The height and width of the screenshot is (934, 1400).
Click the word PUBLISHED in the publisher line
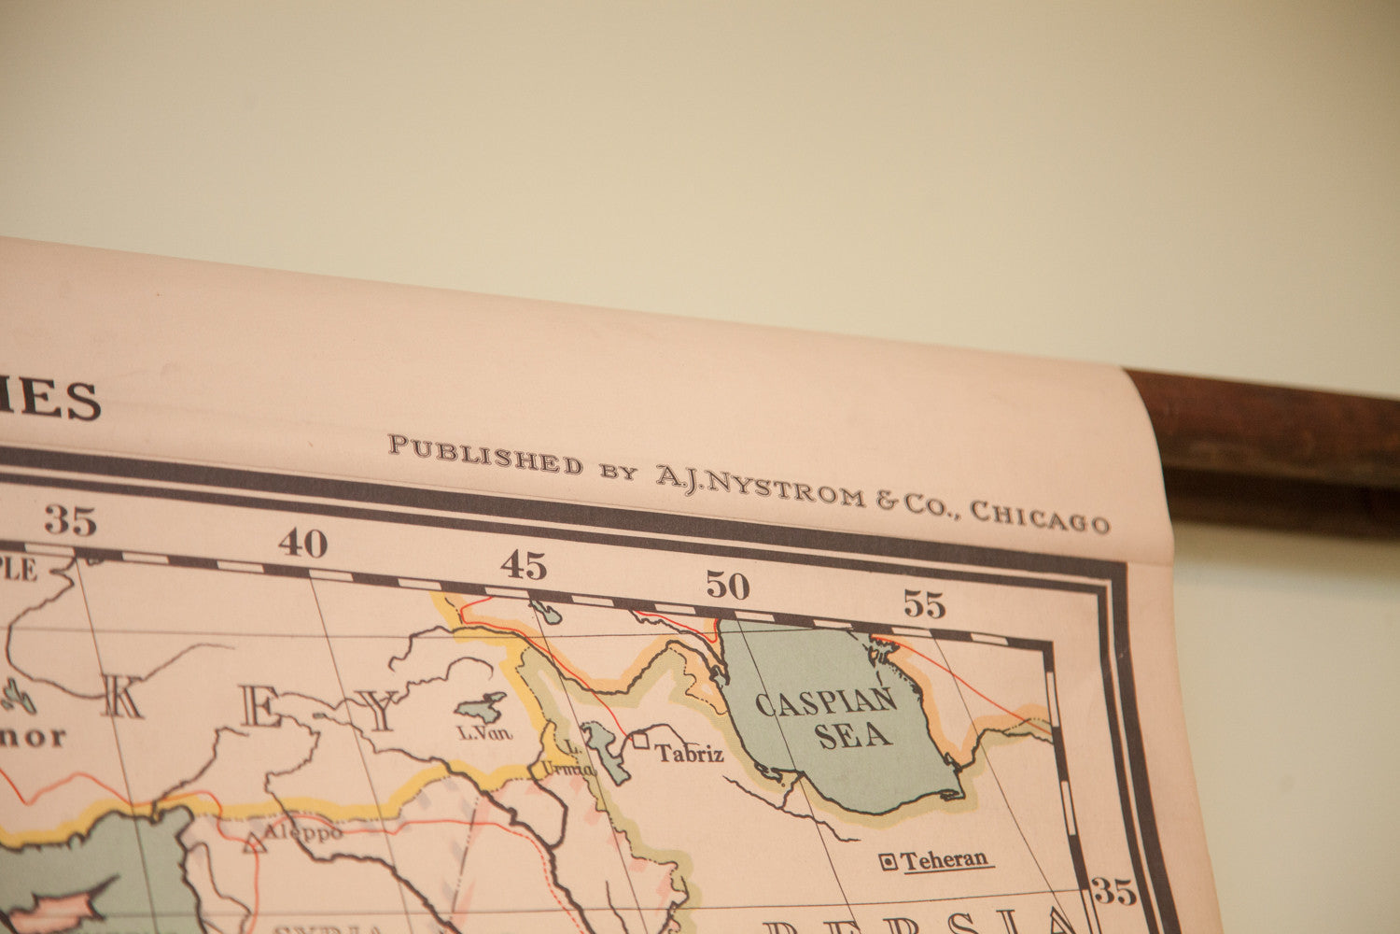tap(485, 455)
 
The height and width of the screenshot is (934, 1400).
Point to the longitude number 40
tap(302, 543)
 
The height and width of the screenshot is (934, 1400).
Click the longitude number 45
tap(523, 564)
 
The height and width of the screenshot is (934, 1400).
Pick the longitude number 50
tap(727, 586)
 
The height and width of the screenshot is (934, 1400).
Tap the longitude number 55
tap(924, 605)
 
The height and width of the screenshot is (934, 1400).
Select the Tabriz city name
tap(689, 753)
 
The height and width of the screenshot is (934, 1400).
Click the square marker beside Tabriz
tap(641, 741)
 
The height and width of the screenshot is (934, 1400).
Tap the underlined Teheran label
tap(944, 860)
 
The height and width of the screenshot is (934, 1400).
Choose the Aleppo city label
tap(302, 831)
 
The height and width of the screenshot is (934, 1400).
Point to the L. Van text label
tap(485, 733)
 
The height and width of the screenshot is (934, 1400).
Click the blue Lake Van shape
tap(483, 707)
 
